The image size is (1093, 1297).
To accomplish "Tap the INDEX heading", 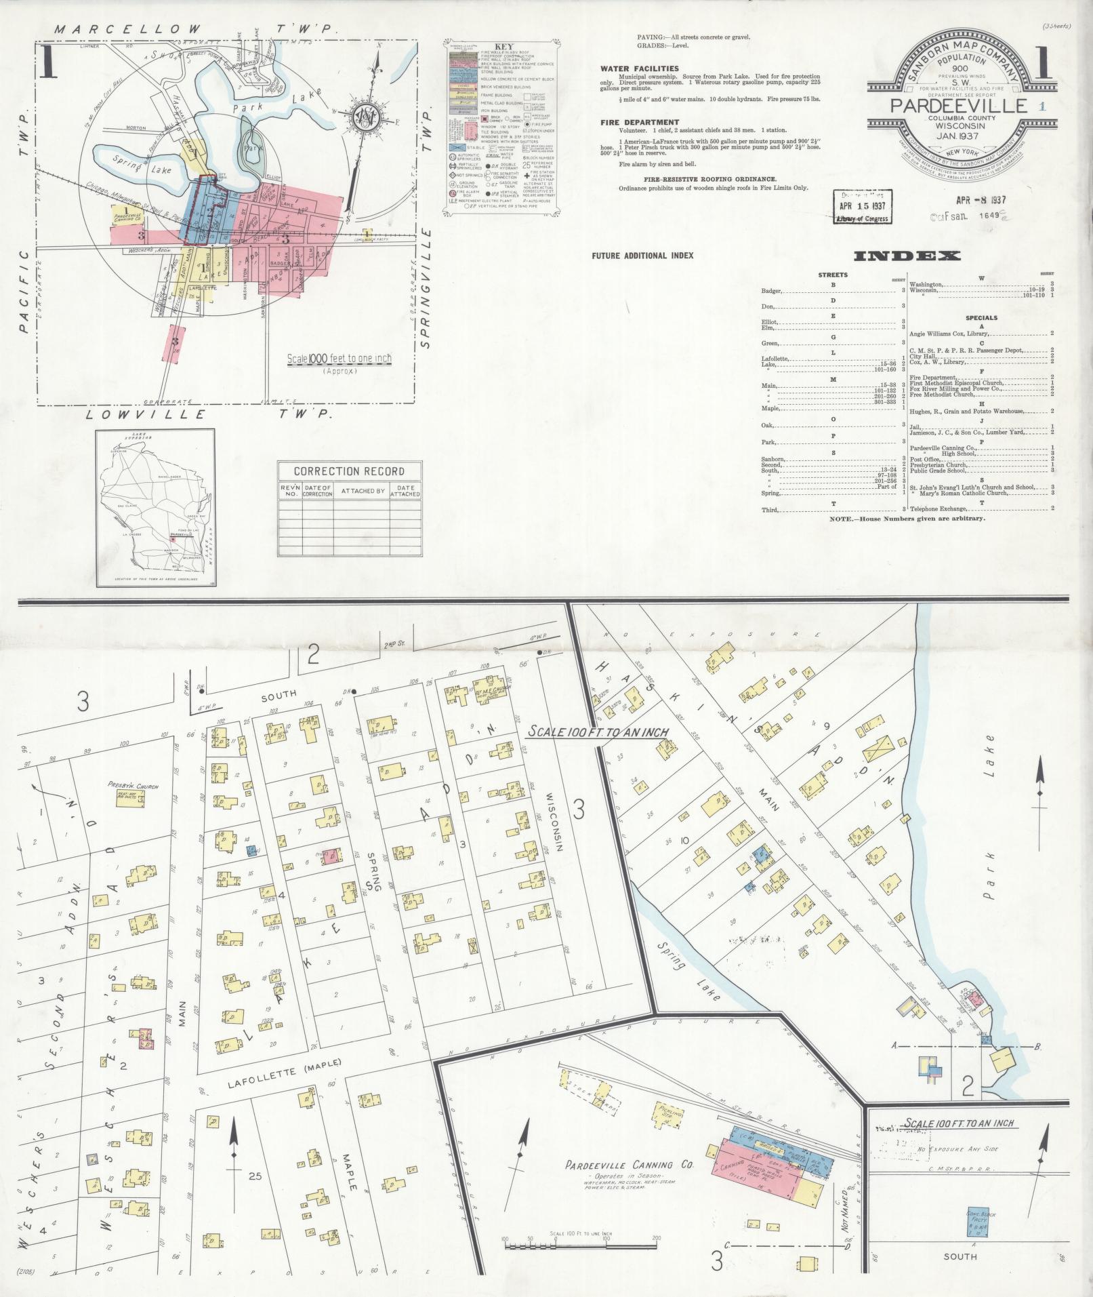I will (x=907, y=256).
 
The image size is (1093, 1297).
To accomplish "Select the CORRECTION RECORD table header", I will (x=349, y=471).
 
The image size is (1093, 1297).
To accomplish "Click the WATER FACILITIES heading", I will (x=639, y=68).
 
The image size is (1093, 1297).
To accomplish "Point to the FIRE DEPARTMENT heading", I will (x=640, y=123).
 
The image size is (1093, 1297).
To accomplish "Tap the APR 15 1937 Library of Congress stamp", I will (x=862, y=207).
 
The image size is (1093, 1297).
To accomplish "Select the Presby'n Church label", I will (x=133, y=786).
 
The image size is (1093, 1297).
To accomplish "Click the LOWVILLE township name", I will (x=146, y=414).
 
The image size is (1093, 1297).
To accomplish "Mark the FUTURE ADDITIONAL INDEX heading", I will (x=642, y=256).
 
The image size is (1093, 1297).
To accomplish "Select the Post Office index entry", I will (x=925, y=459).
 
